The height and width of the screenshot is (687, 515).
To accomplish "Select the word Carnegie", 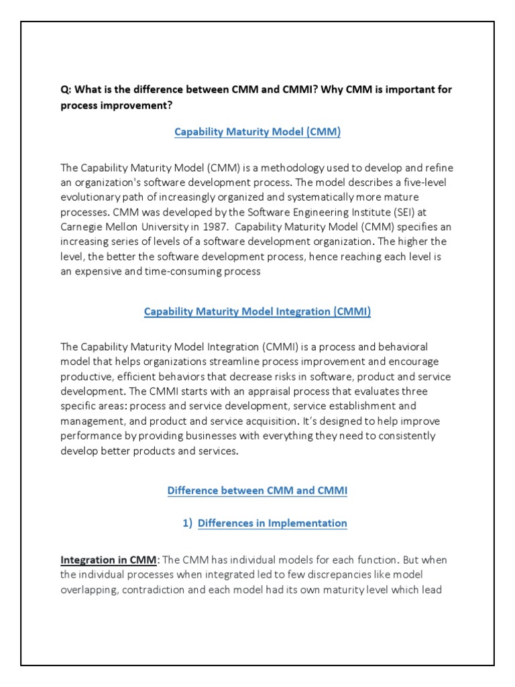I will click(82, 227).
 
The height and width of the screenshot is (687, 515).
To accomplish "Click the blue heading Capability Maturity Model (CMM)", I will click(257, 132).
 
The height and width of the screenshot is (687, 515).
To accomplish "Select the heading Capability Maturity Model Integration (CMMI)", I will click(257, 311).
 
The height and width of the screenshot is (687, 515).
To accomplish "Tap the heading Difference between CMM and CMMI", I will click(257, 490).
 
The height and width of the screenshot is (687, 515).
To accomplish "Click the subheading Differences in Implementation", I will click(272, 523).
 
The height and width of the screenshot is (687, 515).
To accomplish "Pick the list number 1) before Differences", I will click(187, 523).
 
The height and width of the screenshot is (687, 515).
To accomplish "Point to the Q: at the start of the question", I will click(66, 90).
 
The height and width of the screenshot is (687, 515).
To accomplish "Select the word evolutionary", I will click(94, 197).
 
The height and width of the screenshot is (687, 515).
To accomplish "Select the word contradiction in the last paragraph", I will click(152, 590).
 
